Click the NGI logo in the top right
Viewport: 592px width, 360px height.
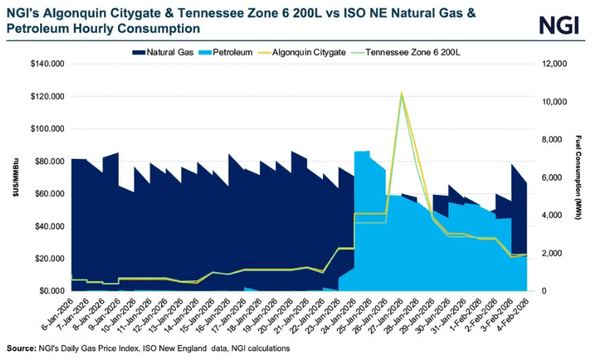(x=559, y=25)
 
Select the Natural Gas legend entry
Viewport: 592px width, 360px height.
(x=163, y=52)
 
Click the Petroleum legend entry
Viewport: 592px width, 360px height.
(x=225, y=52)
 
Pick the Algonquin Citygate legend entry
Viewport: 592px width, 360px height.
(x=301, y=52)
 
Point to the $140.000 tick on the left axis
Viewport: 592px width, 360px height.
(x=48, y=63)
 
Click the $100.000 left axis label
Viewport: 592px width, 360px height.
(x=48, y=129)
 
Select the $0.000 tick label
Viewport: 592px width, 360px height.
(x=51, y=291)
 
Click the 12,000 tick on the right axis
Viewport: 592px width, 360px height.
(x=554, y=63)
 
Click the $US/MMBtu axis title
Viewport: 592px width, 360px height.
(x=15, y=177)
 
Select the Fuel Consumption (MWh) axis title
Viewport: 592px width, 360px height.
(x=578, y=177)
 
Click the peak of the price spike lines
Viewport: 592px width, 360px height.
(x=402, y=93)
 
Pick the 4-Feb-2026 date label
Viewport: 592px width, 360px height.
(x=513, y=315)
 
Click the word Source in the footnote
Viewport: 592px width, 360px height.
(x=21, y=348)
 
